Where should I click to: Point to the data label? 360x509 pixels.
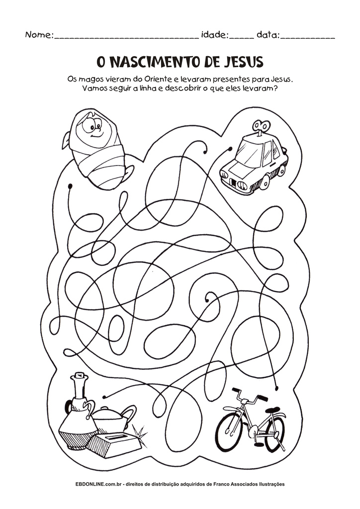point(268,34)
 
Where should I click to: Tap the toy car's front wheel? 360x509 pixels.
point(265,182)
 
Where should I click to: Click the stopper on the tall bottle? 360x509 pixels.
point(79,376)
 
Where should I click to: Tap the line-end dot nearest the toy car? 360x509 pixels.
point(230,149)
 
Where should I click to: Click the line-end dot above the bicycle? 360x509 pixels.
point(276,388)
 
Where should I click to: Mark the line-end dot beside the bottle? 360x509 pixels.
point(104,397)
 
